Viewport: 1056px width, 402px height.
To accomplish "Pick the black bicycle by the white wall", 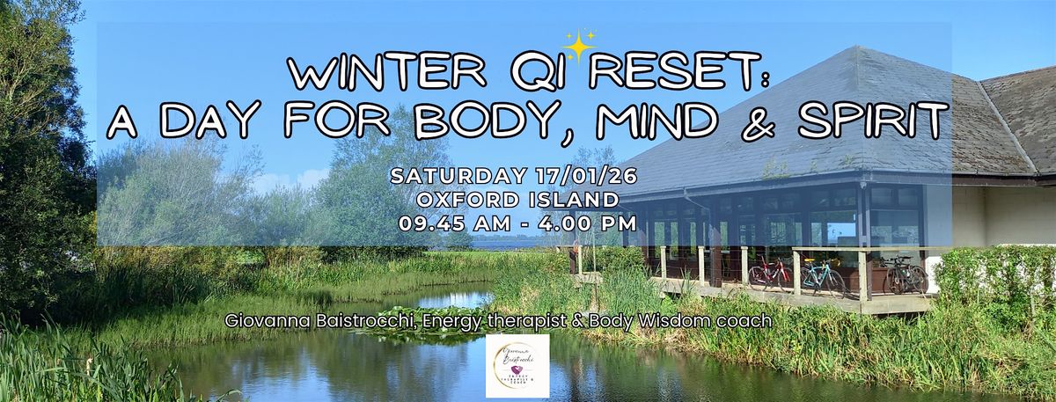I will coord(905,275).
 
